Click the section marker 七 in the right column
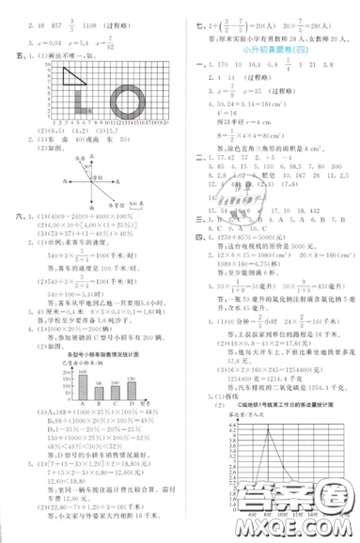coord(185,8)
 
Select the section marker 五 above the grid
coord(8,55)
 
